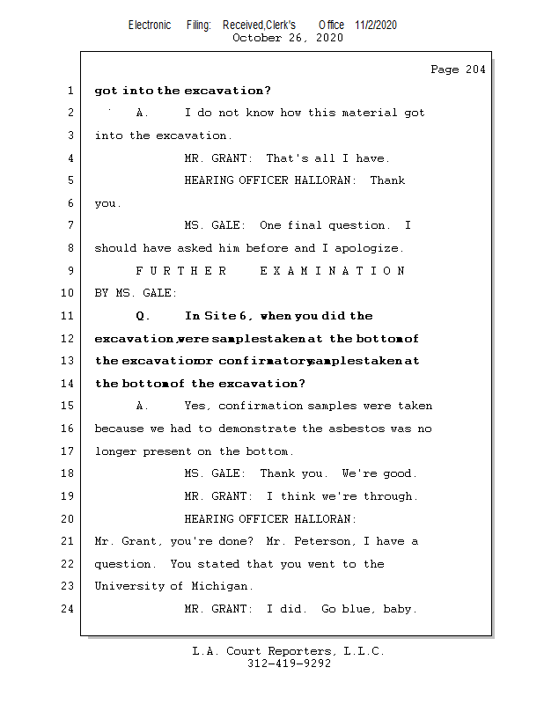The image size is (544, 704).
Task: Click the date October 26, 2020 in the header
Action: (x=287, y=38)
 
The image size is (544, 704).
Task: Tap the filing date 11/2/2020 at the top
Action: (x=376, y=25)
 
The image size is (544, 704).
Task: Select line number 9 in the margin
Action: (x=70, y=271)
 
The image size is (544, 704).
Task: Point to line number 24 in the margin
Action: (x=67, y=608)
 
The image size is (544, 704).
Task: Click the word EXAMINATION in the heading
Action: (x=333, y=271)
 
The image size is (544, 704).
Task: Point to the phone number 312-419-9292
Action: (x=289, y=664)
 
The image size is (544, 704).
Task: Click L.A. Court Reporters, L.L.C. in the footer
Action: (x=289, y=651)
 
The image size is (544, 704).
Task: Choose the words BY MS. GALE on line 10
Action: (x=136, y=293)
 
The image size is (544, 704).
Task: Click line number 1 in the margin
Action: (x=70, y=91)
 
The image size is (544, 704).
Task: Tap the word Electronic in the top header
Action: (x=150, y=25)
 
